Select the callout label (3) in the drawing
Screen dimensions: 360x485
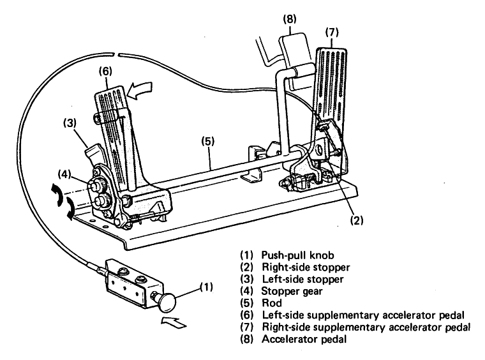70,123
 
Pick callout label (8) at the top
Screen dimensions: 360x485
290,19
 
